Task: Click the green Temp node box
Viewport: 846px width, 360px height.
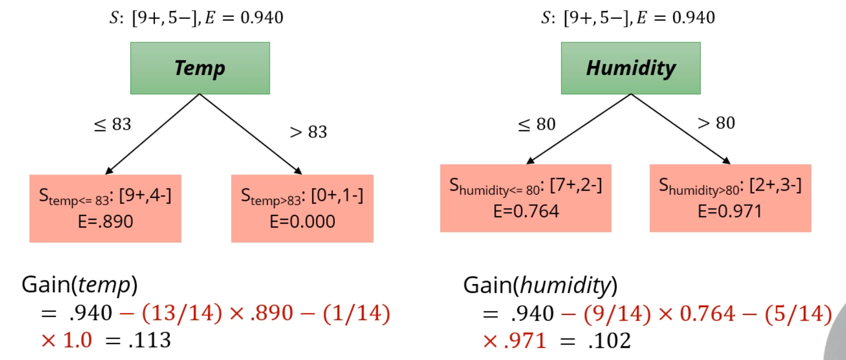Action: [200, 68]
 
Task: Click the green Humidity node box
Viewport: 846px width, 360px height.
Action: [631, 68]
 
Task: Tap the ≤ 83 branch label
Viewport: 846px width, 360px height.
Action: [113, 124]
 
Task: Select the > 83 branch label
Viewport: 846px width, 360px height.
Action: [309, 132]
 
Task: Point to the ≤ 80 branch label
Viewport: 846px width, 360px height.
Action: [537, 125]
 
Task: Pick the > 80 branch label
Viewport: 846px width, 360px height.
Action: [716, 123]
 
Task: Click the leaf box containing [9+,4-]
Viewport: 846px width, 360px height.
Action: [105, 208]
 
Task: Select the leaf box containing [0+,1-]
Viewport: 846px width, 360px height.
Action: [302, 208]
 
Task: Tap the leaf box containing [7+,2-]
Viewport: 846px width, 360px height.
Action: [525, 198]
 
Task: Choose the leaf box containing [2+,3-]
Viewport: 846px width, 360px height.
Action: [730, 198]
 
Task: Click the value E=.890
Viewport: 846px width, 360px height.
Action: [105, 222]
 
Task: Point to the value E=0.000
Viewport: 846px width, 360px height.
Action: [302, 222]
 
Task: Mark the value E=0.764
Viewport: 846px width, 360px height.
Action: [526, 212]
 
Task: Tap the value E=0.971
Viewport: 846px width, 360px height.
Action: [730, 212]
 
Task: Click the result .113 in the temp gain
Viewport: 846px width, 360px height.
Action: [149, 341]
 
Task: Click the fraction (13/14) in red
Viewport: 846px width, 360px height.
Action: [182, 313]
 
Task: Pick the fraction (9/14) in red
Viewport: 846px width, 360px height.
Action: [617, 314]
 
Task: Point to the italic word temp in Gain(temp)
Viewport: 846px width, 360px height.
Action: [104, 285]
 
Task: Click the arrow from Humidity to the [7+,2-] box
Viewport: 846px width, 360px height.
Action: [579, 129]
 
